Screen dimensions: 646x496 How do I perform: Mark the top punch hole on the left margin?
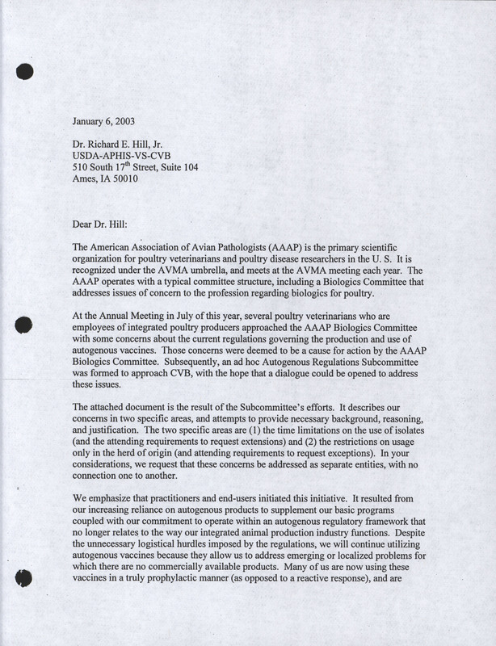24,71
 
